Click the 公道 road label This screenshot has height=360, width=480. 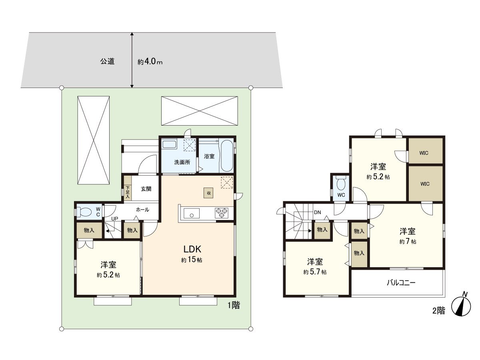pyautogui.click(x=107, y=62)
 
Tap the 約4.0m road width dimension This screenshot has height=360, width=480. pyautogui.click(x=150, y=62)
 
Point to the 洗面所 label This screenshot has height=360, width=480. pyautogui.click(x=179, y=162)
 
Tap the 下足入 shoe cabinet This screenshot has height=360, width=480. pyautogui.click(x=128, y=192)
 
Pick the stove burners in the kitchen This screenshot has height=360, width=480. pyautogui.click(x=221, y=212)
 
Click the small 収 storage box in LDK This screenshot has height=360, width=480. pyautogui.click(x=208, y=192)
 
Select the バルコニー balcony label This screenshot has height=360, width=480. pyautogui.click(x=401, y=283)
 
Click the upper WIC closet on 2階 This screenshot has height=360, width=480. pyautogui.click(x=425, y=152)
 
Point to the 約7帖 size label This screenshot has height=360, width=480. pyautogui.click(x=407, y=242)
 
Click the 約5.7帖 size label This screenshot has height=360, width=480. pyautogui.click(x=315, y=272)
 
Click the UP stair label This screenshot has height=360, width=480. pyautogui.click(x=114, y=219)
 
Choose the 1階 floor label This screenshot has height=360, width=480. pyautogui.click(x=234, y=306)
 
